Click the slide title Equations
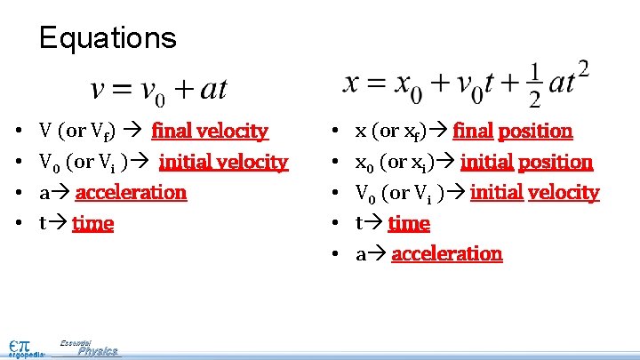click(x=108, y=38)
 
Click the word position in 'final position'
click(x=535, y=132)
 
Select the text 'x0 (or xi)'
click(x=390, y=162)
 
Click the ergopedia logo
click(x=23, y=347)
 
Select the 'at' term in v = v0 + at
click(x=212, y=89)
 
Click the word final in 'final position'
click(x=473, y=132)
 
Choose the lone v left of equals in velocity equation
click(x=99, y=90)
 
